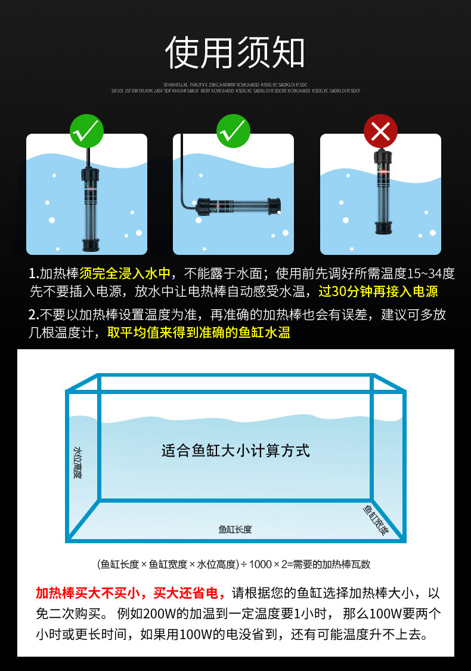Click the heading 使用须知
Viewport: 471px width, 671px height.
click(x=235, y=53)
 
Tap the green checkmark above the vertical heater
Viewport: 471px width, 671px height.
click(x=87, y=131)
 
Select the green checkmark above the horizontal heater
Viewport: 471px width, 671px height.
click(x=233, y=131)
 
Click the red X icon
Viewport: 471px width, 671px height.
click(x=380, y=131)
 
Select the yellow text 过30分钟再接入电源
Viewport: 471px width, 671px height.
click(x=378, y=292)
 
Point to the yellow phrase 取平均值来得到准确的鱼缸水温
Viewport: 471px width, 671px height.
click(x=199, y=333)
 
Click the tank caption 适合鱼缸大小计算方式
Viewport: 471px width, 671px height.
click(x=235, y=450)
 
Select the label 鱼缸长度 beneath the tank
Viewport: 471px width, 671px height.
click(x=235, y=529)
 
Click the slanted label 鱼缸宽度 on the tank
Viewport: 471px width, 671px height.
click(x=376, y=518)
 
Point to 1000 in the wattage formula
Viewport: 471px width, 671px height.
click(x=261, y=564)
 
